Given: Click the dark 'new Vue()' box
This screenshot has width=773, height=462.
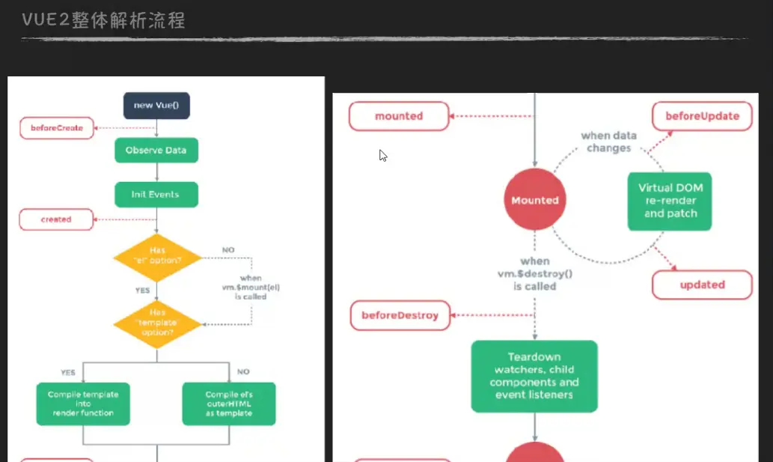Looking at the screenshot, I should coord(156,106).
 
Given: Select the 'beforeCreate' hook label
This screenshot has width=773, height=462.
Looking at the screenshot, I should coord(57,128).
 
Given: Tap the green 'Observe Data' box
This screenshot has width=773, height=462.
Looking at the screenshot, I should coord(156,151).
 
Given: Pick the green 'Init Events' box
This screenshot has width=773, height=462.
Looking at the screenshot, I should coord(156,195).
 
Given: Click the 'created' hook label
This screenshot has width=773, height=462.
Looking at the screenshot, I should coord(57,219).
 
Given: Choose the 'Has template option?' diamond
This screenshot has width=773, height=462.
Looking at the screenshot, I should coord(157,323).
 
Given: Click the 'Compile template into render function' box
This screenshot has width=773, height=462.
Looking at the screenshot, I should coord(83,404).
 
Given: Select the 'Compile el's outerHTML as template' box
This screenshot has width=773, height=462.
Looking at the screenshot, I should coord(229,404).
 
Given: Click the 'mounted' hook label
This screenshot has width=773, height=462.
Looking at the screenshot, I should coord(399,116).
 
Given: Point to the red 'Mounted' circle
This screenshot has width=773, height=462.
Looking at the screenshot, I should coord(535,200).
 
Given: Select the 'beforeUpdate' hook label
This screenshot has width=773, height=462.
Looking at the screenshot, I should coord(701,116).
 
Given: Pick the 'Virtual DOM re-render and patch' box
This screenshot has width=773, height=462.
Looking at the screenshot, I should coord(670,200).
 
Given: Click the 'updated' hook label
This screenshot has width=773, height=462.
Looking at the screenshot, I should coord(702,285).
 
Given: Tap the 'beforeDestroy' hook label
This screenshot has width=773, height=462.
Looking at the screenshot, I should coord(400,315).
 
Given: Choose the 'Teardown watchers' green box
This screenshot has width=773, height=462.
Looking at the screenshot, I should coord(534,376).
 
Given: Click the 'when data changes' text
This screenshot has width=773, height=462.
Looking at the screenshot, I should coord(609,142).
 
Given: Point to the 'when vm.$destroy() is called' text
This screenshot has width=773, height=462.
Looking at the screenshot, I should coord(534,273).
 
